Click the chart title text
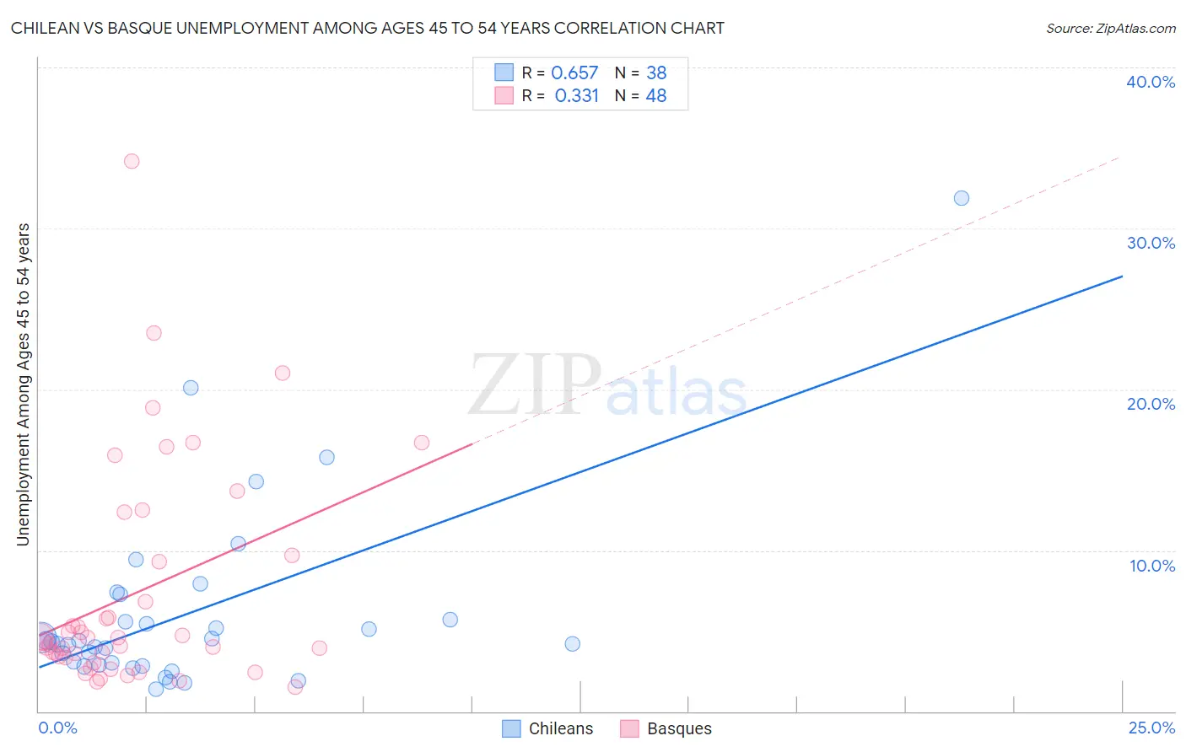(368, 28)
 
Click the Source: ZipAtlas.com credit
(1110, 28)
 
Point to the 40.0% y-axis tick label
(1151, 82)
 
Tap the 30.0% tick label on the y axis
(1151, 243)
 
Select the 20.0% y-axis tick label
(1151, 404)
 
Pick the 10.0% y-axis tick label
(1151, 566)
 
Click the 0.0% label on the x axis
(57, 728)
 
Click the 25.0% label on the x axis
(1151, 728)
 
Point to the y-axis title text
(23, 384)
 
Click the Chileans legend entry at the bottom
(560, 728)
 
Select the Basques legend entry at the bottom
(678, 728)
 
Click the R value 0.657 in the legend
(574, 73)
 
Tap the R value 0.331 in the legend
(577, 95)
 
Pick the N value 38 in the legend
(656, 73)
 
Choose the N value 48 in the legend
(656, 95)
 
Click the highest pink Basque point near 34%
(132, 161)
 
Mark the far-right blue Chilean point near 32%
(962, 198)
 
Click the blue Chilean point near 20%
(191, 388)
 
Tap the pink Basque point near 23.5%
(154, 333)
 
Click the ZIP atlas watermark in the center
(607, 386)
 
